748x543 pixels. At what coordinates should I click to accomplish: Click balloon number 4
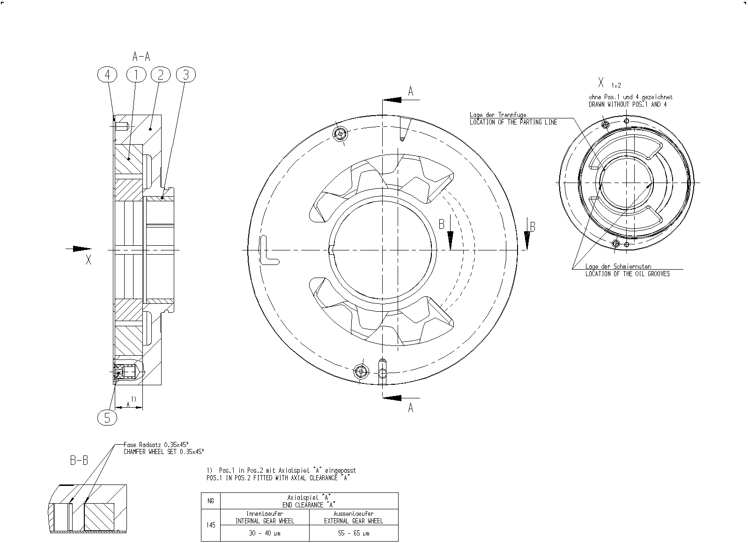click(x=107, y=74)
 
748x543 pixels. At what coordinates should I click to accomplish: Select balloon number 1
click(x=136, y=74)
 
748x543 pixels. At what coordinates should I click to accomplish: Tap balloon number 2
click(x=161, y=74)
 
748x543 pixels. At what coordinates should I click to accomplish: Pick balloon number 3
click(x=186, y=74)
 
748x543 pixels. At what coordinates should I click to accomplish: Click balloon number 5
click(x=107, y=418)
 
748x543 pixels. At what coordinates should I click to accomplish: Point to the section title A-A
click(x=141, y=56)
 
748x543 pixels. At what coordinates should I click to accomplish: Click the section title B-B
click(x=79, y=460)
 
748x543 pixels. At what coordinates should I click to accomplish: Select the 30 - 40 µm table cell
click(x=265, y=533)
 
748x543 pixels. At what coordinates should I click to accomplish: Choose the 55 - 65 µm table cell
click(x=354, y=533)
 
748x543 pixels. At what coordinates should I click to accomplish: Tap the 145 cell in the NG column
click(x=211, y=525)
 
